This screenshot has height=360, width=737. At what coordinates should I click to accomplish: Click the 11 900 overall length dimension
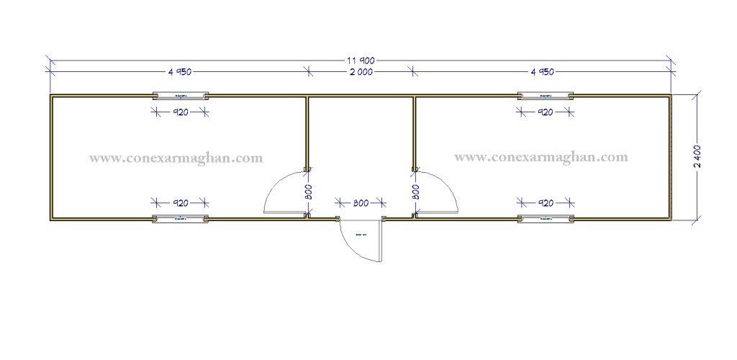361,60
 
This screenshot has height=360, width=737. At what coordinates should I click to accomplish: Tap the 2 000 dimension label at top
361,72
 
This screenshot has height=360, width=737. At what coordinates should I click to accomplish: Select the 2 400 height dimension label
697,156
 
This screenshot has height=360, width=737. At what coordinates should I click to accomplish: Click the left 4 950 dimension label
180,72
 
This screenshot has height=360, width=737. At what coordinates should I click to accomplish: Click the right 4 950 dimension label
542,72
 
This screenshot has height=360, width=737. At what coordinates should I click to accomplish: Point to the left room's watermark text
176,156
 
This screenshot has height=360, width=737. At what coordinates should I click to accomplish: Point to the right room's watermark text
542,156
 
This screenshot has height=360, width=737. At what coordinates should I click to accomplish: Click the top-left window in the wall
180,95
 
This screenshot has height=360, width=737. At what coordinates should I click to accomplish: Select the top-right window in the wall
546,95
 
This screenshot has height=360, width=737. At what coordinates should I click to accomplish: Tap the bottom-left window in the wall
180,217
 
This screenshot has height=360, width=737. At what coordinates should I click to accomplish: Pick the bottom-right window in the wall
546,217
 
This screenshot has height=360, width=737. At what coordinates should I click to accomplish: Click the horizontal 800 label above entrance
360,204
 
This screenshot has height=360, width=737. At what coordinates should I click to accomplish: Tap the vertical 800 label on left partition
307,192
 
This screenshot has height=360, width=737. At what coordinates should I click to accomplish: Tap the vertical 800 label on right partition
415,192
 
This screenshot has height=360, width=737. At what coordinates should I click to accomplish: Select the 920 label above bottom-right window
546,203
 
